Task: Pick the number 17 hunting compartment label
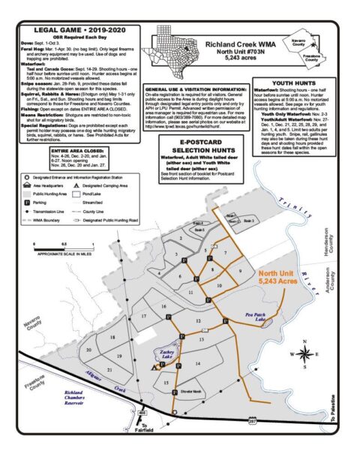point(144,316)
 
